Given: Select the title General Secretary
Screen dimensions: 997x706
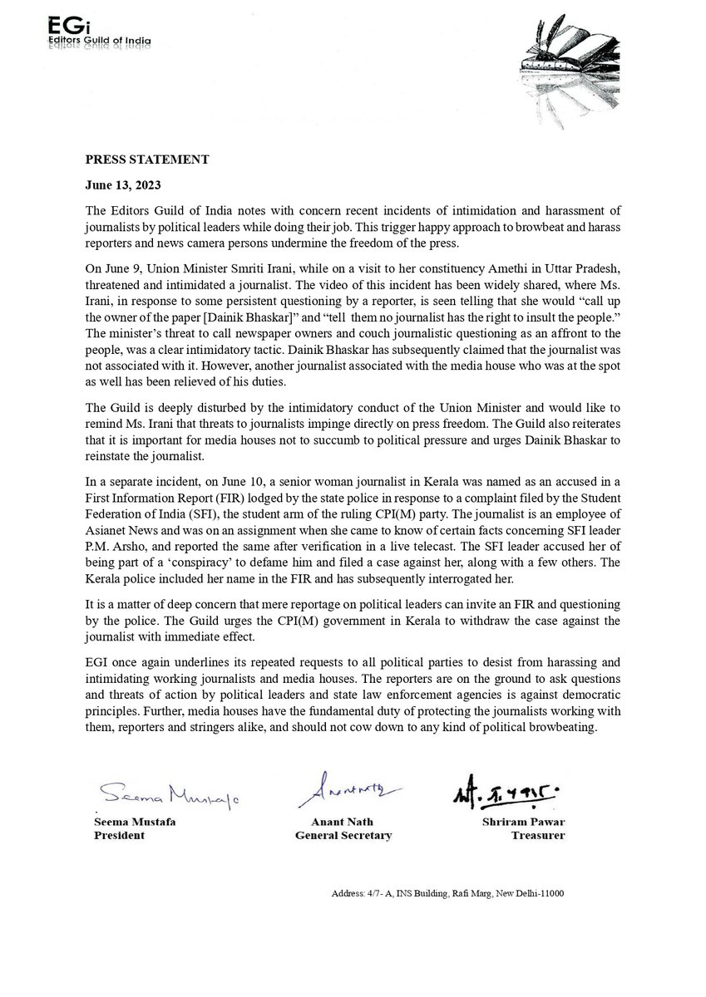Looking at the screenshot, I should coord(343,835).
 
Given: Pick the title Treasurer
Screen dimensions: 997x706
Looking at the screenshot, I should coord(537,835).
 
